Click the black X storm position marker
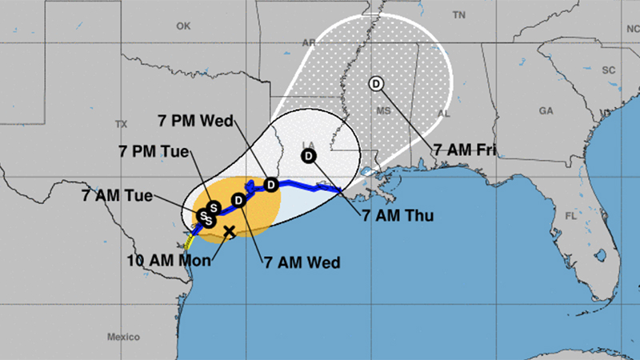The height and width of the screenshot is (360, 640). [229, 231]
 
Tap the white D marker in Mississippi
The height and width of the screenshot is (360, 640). [376, 83]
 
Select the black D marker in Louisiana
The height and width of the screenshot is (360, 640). [308, 157]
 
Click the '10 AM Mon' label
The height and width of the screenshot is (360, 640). [170, 260]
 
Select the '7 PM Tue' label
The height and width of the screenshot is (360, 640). [154, 151]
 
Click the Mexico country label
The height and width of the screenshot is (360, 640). [125, 336]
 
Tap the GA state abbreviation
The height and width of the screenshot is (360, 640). [546, 110]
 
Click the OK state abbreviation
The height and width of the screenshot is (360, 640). [184, 26]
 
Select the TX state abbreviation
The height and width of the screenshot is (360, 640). [121, 124]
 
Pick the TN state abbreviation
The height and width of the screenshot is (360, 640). [458, 15]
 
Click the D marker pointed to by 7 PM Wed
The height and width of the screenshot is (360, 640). [270, 185]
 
